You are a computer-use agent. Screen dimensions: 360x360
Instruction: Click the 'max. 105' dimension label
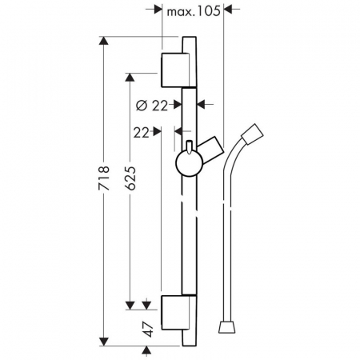pos(194,11)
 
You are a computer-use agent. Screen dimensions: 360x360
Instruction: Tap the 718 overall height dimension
pos(104,178)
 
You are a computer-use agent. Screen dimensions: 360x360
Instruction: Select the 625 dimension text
pos(130,178)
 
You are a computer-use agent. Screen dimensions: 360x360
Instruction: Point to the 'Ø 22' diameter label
pos(152,106)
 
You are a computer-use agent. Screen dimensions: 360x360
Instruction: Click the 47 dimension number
pos(147,329)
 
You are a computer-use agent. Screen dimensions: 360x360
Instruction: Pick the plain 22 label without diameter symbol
pos(141,133)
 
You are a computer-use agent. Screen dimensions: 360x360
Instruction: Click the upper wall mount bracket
pos(175,70)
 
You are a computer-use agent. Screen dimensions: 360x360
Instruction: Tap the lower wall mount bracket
pos(175,313)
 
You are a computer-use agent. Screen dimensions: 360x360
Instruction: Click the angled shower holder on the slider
pos(210,150)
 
